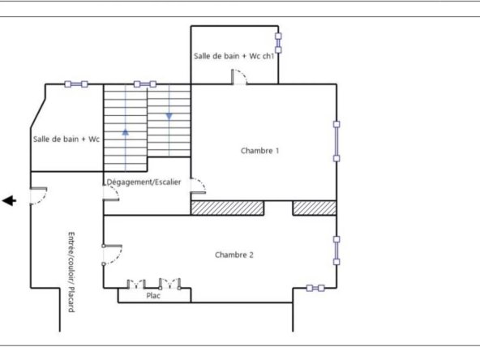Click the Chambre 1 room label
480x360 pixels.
260,151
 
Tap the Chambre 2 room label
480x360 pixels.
234,255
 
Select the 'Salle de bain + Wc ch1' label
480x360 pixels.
234,56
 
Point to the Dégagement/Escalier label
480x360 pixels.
144,182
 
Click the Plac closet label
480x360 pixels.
153,295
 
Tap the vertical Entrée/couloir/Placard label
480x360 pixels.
71,272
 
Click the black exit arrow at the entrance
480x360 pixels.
9,201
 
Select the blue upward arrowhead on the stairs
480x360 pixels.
125,132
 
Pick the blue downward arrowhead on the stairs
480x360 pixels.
169,116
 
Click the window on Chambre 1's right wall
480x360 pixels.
336,141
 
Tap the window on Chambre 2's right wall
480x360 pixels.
336,251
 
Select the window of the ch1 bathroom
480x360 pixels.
278,43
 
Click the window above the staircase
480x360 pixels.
145,84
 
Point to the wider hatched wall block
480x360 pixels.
228,208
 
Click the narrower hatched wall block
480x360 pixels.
315,208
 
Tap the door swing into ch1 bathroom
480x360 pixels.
239,76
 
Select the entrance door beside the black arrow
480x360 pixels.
39,195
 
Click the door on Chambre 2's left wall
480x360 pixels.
113,255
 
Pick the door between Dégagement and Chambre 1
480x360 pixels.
198,186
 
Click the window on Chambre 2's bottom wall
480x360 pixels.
315,288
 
